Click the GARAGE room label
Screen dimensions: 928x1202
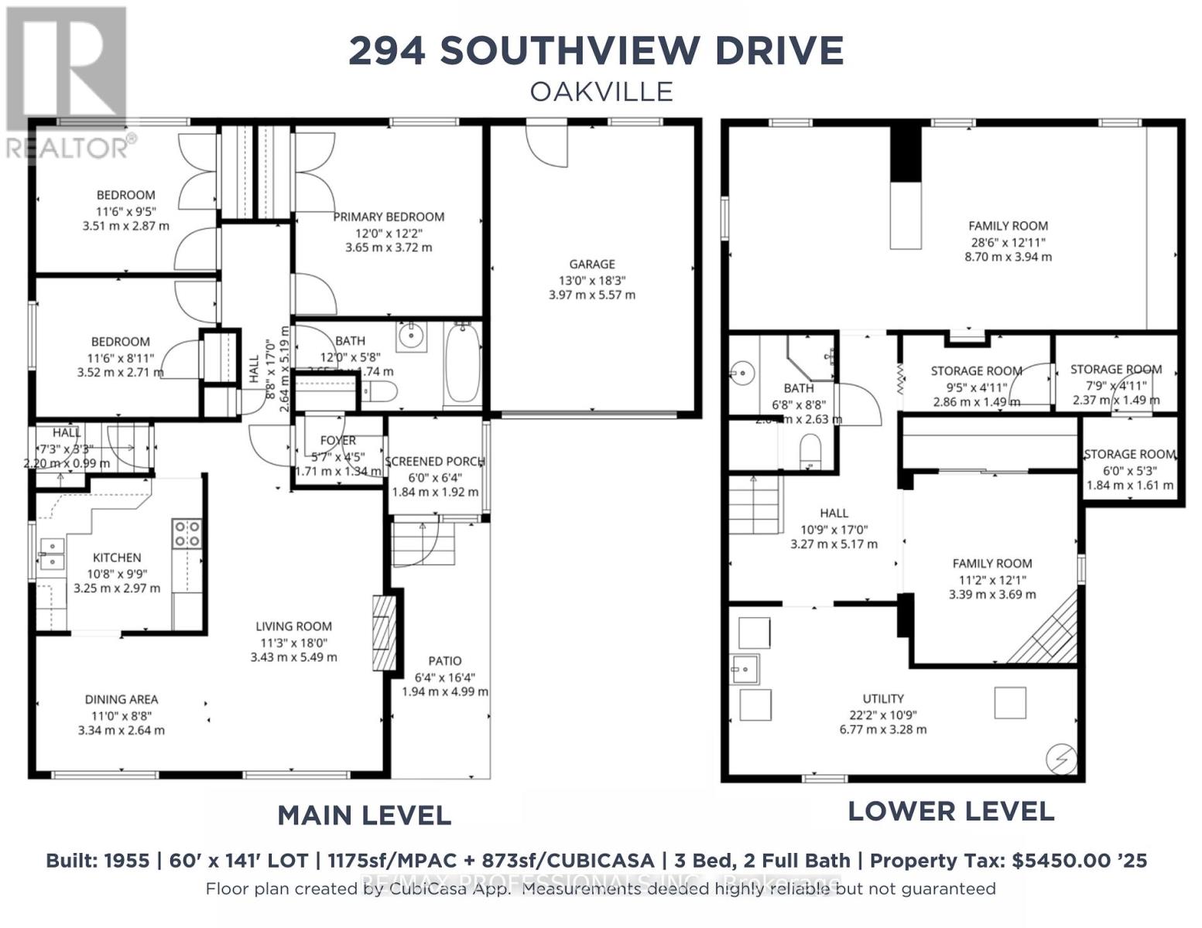pos(592,264)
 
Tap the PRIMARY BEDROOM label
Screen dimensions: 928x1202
pos(389,217)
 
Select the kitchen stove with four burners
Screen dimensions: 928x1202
pos(187,533)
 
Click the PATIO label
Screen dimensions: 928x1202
pos(444,660)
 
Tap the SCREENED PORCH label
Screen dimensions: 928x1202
pos(435,462)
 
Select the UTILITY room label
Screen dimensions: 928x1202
pos(883,698)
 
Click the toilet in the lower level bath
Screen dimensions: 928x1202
pos(810,451)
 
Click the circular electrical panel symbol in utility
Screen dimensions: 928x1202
pos(1060,759)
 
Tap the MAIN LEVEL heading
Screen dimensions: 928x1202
pos(364,815)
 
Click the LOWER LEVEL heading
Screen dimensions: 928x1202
pos(950,811)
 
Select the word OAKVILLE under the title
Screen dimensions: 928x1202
pos(601,91)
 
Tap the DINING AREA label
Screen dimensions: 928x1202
pos(122,699)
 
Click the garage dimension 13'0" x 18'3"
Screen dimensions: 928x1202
pos(592,280)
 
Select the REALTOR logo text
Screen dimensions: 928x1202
pos(70,147)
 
